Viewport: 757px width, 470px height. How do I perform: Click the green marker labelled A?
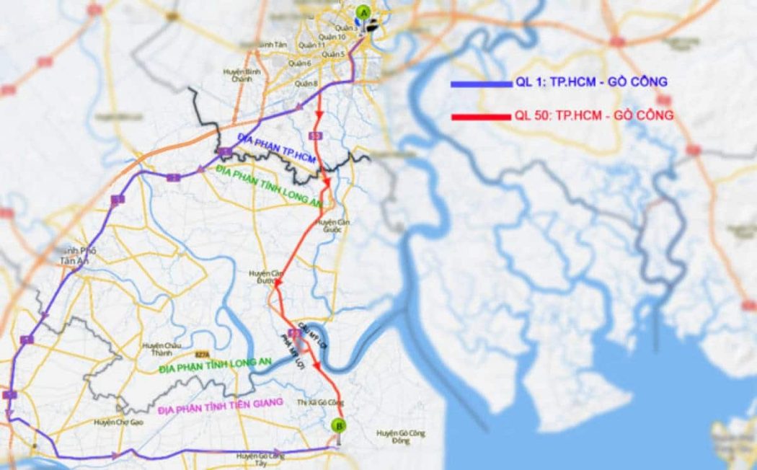[x=363, y=12]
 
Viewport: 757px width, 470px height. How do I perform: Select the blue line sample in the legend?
[x=479, y=84]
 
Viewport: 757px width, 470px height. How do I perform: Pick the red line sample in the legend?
[x=479, y=116]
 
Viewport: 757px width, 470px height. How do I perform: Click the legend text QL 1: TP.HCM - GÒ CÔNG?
[x=588, y=84]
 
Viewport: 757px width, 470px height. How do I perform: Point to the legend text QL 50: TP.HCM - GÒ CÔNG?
[x=594, y=115]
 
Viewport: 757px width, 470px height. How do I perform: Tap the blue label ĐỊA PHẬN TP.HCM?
[x=277, y=149]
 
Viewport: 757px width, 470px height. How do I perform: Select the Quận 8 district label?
[x=306, y=85]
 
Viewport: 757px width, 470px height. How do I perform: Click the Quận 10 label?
[x=332, y=37]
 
